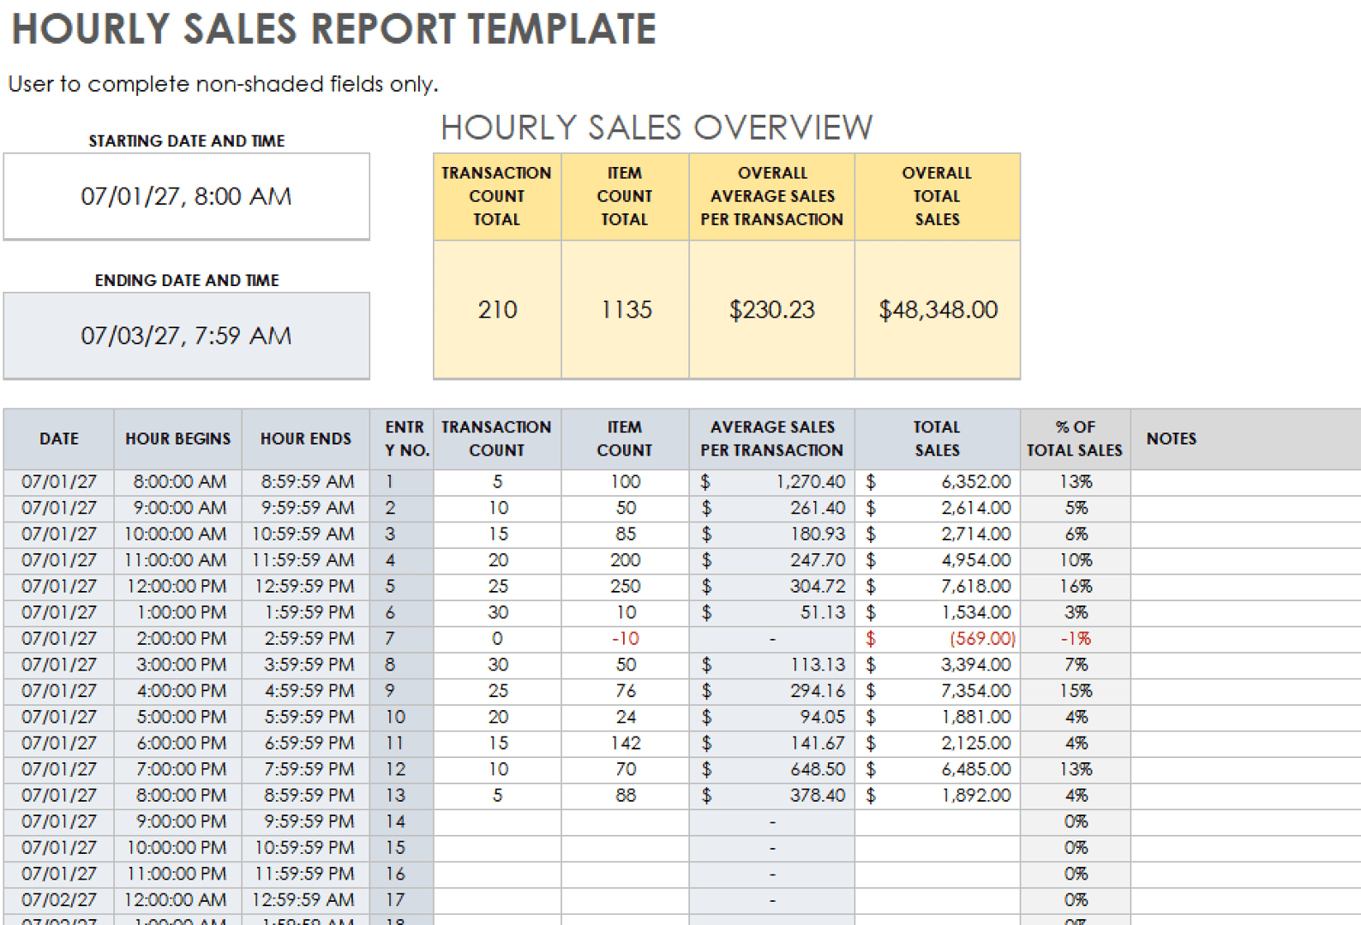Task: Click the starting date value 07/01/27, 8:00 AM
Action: tap(186, 196)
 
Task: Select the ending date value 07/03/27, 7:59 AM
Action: tap(186, 335)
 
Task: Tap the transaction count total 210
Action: tap(497, 309)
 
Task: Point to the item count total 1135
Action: tap(626, 309)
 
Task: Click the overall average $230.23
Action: tap(771, 309)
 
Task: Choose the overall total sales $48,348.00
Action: tap(938, 309)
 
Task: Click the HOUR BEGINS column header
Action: tap(177, 439)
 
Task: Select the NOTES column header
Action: tap(1171, 439)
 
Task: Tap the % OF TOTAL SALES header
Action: tap(1075, 439)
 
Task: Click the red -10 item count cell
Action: tap(626, 639)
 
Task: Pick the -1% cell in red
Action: tap(1076, 639)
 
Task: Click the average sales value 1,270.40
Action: tap(810, 482)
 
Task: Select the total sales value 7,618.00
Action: tap(975, 587)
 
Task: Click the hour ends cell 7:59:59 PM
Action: tap(309, 769)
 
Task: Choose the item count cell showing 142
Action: tap(626, 743)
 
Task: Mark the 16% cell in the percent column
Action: tap(1076, 587)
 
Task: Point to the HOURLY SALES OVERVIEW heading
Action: tap(657, 128)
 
